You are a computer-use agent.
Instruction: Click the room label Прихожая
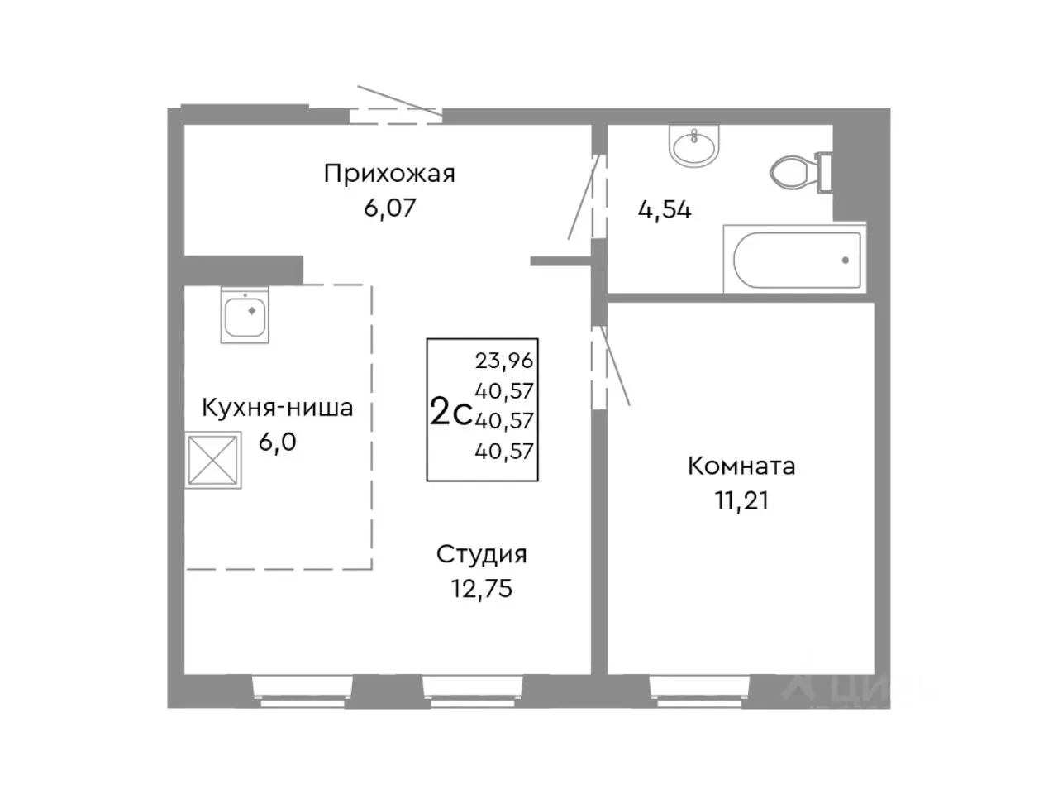389,174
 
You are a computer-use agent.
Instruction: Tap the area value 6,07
389,207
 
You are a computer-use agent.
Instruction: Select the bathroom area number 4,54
664,210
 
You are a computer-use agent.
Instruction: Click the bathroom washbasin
694,147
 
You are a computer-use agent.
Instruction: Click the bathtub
796,260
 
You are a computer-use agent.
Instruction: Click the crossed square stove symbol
213,461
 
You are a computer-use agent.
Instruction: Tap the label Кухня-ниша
278,408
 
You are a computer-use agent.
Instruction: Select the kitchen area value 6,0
277,442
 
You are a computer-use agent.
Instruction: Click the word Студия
481,554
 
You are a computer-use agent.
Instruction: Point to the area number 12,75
481,588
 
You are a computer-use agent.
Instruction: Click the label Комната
741,466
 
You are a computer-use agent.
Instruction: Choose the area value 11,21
741,500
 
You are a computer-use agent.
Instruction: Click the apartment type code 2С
450,412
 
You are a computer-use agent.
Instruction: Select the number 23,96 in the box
504,361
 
